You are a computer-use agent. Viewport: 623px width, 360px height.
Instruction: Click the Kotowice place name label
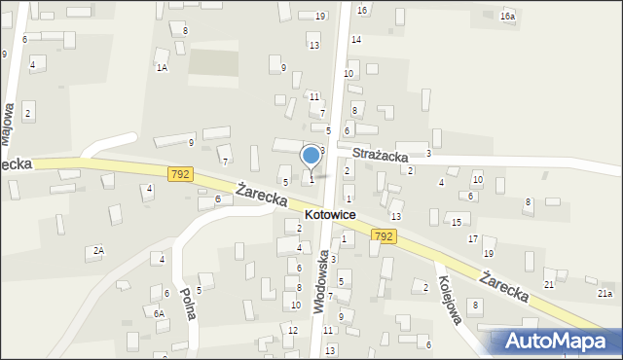pos(329,214)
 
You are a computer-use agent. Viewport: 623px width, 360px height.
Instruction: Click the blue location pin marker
pos(311,156)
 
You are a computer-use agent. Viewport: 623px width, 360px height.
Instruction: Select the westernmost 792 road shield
pos(179,174)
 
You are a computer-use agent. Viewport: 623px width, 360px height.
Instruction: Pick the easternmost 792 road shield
pos(383,236)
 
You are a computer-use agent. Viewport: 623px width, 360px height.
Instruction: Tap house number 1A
pos(162,67)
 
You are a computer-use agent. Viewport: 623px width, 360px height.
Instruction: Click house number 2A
pos(97,251)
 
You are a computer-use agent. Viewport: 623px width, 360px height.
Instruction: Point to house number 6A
pos(157,313)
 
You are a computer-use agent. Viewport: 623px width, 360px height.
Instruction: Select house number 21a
pos(605,293)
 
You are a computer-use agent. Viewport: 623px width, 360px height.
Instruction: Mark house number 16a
pos(507,17)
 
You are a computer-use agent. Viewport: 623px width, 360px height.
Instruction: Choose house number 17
pos(473,239)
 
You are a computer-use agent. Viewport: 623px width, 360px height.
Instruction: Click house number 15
pos(456,223)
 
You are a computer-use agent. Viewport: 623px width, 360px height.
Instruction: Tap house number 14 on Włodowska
pos(356,40)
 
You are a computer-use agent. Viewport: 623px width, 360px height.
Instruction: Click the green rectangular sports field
pos(212,62)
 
